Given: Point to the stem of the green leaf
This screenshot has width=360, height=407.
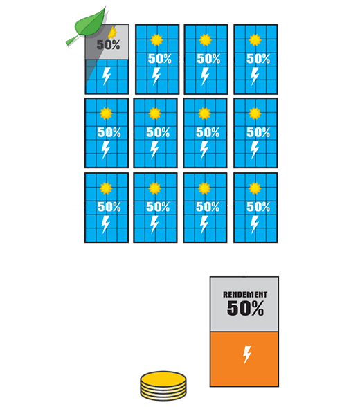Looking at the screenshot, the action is coord(71,41).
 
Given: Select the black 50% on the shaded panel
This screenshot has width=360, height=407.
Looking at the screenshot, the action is coord(108,44).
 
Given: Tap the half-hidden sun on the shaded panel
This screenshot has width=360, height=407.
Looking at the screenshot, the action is coord(113,33).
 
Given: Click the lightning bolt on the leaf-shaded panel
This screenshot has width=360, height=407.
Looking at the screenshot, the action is coord(107,76).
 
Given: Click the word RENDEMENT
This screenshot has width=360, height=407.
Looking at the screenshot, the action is coord(245,295).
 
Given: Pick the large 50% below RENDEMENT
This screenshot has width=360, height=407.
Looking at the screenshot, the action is coord(245,308).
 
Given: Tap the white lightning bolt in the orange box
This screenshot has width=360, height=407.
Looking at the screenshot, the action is coord(247,354).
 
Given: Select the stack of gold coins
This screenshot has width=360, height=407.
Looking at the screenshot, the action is coord(163,386).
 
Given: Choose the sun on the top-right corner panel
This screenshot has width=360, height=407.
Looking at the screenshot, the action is coord(255,40).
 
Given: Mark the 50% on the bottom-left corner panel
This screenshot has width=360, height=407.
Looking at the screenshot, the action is coord(109,207).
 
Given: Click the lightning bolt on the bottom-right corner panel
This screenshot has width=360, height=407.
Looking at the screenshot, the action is coord(255,224).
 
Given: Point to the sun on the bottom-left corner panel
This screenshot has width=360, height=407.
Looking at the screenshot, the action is coord(106,188).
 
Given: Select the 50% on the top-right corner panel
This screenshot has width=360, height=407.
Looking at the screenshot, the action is coord(258,59).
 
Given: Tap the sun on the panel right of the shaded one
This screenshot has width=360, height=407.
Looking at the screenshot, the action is coord(156,40).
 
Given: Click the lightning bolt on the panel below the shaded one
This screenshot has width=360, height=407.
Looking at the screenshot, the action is coord(105,150).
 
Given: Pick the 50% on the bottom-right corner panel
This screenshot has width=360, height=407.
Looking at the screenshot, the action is coord(258,207).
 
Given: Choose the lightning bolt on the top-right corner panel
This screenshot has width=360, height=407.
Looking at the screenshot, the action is coord(255,76).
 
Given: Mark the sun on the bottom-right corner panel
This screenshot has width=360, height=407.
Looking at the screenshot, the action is coord(255,188).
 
